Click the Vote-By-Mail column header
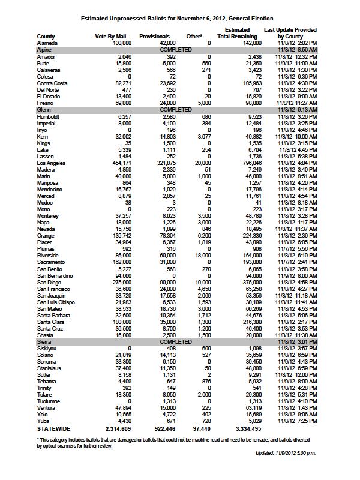[x=109, y=37]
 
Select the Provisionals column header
[x=154, y=37]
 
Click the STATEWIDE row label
[x=54, y=430]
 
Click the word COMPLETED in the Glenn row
[x=176, y=110]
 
